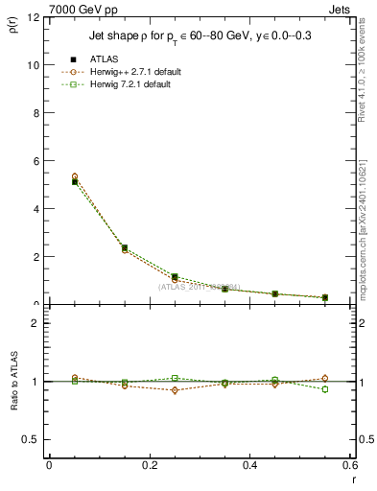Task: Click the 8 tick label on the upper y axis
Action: [35, 113]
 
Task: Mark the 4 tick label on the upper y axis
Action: [35, 209]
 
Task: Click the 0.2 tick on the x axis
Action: [149, 465]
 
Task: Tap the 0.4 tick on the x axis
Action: [249, 465]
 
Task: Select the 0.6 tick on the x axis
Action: [349, 465]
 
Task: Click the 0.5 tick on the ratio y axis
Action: [31, 439]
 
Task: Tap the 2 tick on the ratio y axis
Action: [35, 323]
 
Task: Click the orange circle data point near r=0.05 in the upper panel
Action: [75, 176]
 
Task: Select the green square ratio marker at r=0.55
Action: [325, 389]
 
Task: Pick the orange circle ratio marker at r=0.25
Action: [175, 390]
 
